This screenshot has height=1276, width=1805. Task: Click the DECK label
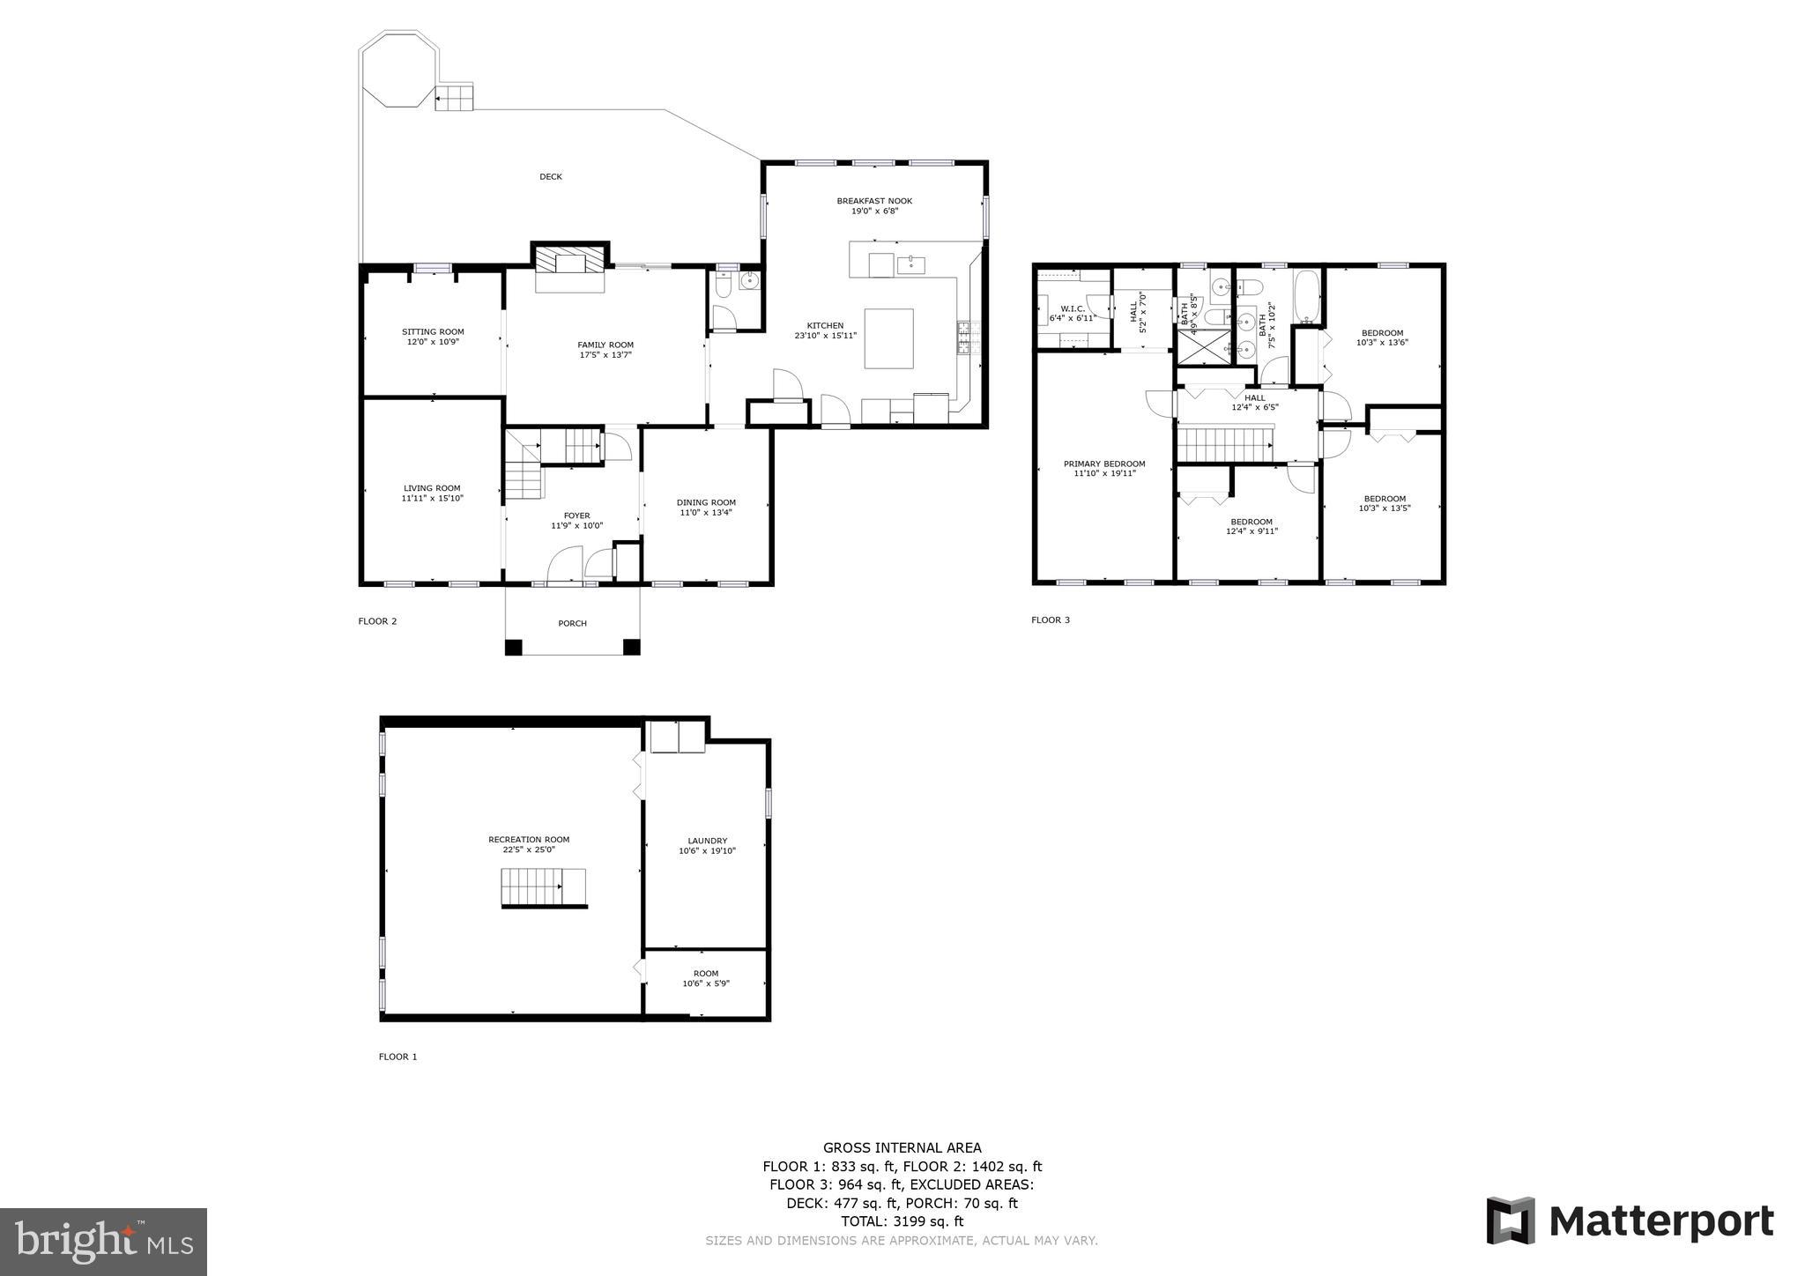point(550,177)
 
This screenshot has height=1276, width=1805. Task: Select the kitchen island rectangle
point(888,338)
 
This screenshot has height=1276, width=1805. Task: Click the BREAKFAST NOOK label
point(874,201)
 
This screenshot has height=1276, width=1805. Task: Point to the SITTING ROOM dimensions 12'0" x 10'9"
point(433,342)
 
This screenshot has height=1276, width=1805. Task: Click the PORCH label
point(572,624)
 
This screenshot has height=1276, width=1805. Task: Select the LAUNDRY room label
point(707,841)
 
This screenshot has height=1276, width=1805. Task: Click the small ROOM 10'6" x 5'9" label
point(706,974)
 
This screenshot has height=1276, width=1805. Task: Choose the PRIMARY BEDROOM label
point(1104,464)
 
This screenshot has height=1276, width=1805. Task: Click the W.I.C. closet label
point(1072,308)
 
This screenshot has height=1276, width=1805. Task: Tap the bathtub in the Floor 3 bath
point(1306,297)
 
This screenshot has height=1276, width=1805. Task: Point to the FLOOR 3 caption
point(1051,620)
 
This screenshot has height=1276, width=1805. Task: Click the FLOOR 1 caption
point(397,1057)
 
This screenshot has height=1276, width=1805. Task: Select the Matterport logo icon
point(1511,1220)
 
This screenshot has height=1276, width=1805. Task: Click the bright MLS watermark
point(103,1242)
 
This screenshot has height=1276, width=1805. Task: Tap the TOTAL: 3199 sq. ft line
point(902,1221)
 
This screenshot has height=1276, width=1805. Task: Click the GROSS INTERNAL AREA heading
point(902,1147)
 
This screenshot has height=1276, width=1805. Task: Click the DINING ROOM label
point(706,502)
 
